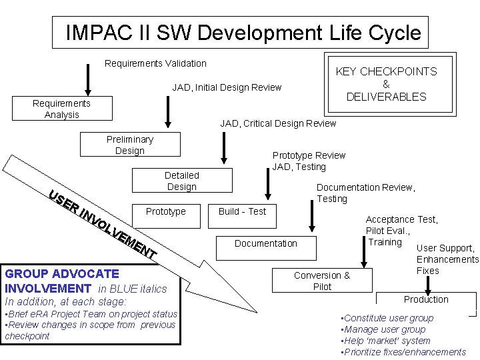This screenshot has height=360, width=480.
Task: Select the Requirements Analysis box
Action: click(x=62, y=109)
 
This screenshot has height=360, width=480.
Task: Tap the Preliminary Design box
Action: click(x=130, y=145)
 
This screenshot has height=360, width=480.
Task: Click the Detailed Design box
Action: click(x=182, y=181)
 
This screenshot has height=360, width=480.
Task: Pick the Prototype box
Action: click(x=165, y=211)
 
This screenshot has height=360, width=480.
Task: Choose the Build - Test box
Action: click(x=242, y=211)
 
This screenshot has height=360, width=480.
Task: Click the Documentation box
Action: click(x=266, y=243)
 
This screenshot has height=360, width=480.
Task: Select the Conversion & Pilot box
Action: click(x=322, y=281)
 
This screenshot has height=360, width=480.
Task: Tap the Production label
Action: click(x=426, y=299)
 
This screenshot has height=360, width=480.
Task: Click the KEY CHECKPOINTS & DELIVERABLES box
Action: click(x=386, y=84)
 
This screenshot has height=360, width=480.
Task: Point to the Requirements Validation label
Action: click(x=156, y=63)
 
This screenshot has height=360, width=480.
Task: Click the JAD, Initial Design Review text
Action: click(x=227, y=87)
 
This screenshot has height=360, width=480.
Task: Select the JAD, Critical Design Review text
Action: click(x=278, y=123)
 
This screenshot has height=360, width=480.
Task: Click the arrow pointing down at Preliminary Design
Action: click(x=168, y=113)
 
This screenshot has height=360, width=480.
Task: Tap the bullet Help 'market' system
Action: click(x=385, y=341)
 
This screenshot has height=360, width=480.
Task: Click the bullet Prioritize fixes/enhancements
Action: click(x=403, y=352)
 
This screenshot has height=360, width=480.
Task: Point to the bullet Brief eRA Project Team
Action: click(x=91, y=314)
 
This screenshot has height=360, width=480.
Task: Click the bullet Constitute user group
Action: click(x=387, y=318)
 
